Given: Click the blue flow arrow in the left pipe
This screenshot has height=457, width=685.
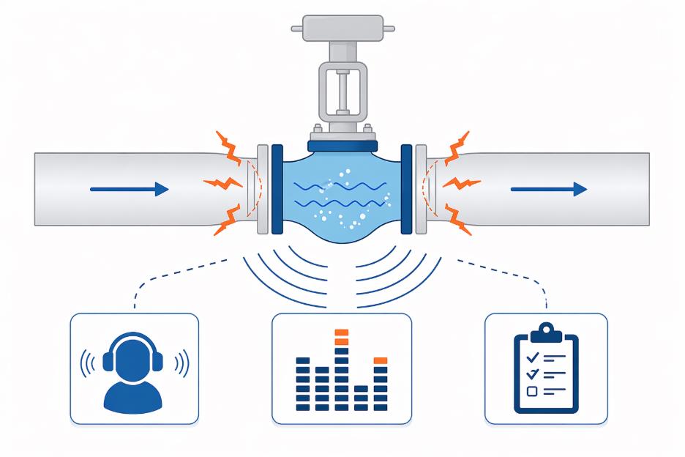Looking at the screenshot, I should pos(129,190).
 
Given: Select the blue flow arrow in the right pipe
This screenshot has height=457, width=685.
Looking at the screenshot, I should pos(548,190).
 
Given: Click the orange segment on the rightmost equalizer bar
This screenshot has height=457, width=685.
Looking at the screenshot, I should pos(380,360).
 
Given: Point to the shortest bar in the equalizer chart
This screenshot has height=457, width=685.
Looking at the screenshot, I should pos(360,396).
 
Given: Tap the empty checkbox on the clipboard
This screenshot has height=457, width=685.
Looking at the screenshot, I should pos(532,391).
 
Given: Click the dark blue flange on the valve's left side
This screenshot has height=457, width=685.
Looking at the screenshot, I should pos(277,189).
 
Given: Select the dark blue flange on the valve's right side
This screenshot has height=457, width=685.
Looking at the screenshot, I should pos(406,189).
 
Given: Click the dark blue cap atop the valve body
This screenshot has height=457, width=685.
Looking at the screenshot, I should pos(342,146).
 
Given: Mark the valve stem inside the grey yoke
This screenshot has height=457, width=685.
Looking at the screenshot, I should pos(341,95).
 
